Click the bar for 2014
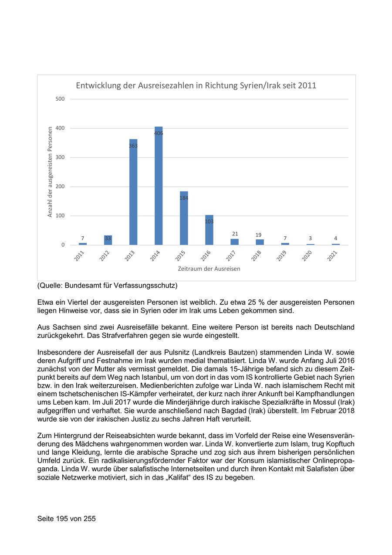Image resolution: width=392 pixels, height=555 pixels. tap(159, 187)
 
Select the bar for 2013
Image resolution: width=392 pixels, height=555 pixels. tap(133, 194)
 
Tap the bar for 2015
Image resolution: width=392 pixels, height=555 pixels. tap(184, 218)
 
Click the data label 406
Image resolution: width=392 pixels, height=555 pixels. tap(159, 133)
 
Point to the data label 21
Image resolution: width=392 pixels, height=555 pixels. tap(235, 234)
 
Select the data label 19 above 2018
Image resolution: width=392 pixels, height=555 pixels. tap(258, 235)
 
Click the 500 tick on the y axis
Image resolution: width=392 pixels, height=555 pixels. tap(60, 99)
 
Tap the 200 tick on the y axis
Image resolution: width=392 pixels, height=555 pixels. tap(60, 187)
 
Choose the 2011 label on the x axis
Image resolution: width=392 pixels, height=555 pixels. tap(79, 256)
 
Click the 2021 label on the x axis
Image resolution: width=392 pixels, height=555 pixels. tap(333, 256)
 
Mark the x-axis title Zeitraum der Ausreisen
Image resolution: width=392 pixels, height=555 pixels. tap(209, 269)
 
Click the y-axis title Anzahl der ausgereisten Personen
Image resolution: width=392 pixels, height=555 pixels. tap(50, 172)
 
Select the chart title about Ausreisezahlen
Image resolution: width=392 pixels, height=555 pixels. tap(196, 86)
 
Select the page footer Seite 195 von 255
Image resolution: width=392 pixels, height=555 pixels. tap(67, 519)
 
